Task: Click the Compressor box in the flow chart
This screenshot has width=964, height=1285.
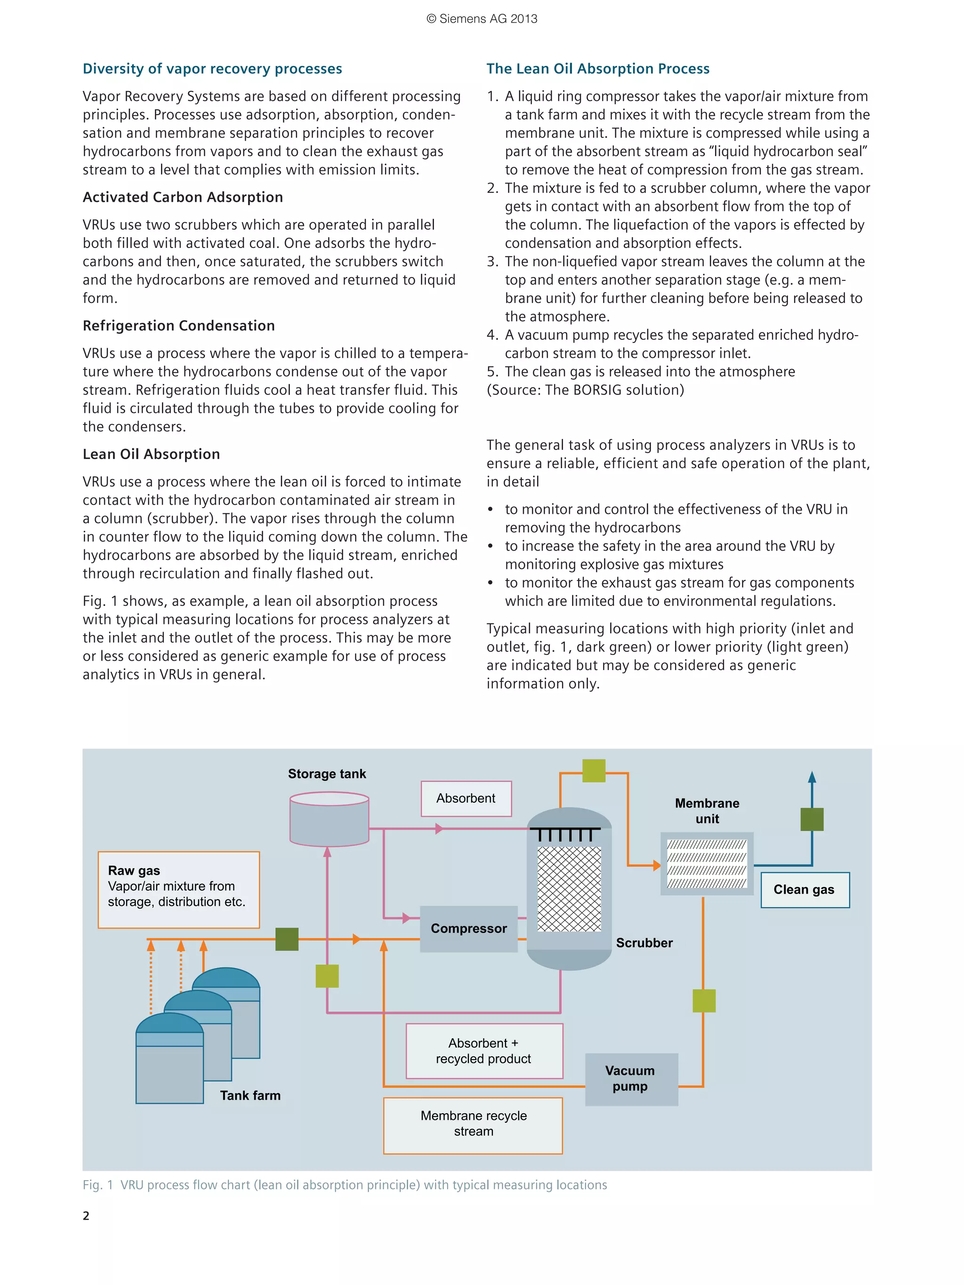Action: (x=468, y=928)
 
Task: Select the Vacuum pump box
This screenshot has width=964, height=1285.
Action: (x=631, y=1079)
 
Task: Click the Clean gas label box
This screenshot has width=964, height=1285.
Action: (x=805, y=889)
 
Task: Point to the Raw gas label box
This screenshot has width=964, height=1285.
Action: (x=178, y=889)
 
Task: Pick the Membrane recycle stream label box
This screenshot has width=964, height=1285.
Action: (x=473, y=1125)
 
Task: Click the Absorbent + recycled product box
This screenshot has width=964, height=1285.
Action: (x=484, y=1051)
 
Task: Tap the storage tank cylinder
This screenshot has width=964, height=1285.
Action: (x=329, y=819)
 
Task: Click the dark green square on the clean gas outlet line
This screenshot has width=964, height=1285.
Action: (x=812, y=819)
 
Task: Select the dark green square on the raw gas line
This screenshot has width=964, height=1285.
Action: (x=287, y=939)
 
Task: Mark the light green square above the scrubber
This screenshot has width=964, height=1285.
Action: (x=593, y=771)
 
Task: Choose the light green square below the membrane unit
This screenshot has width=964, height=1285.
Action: (x=704, y=1000)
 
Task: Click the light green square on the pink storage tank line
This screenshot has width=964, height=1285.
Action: (x=327, y=976)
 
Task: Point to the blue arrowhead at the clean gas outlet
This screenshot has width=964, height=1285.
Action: (x=812, y=777)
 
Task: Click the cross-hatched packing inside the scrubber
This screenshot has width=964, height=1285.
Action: (x=569, y=889)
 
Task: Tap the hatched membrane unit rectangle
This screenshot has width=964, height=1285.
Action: (x=707, y=863)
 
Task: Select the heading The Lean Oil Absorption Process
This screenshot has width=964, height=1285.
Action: (x=597, y=69)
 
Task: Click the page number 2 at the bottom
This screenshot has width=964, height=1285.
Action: (x=86, y=1215)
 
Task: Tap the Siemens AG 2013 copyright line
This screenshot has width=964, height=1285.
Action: (x=482, y=19)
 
